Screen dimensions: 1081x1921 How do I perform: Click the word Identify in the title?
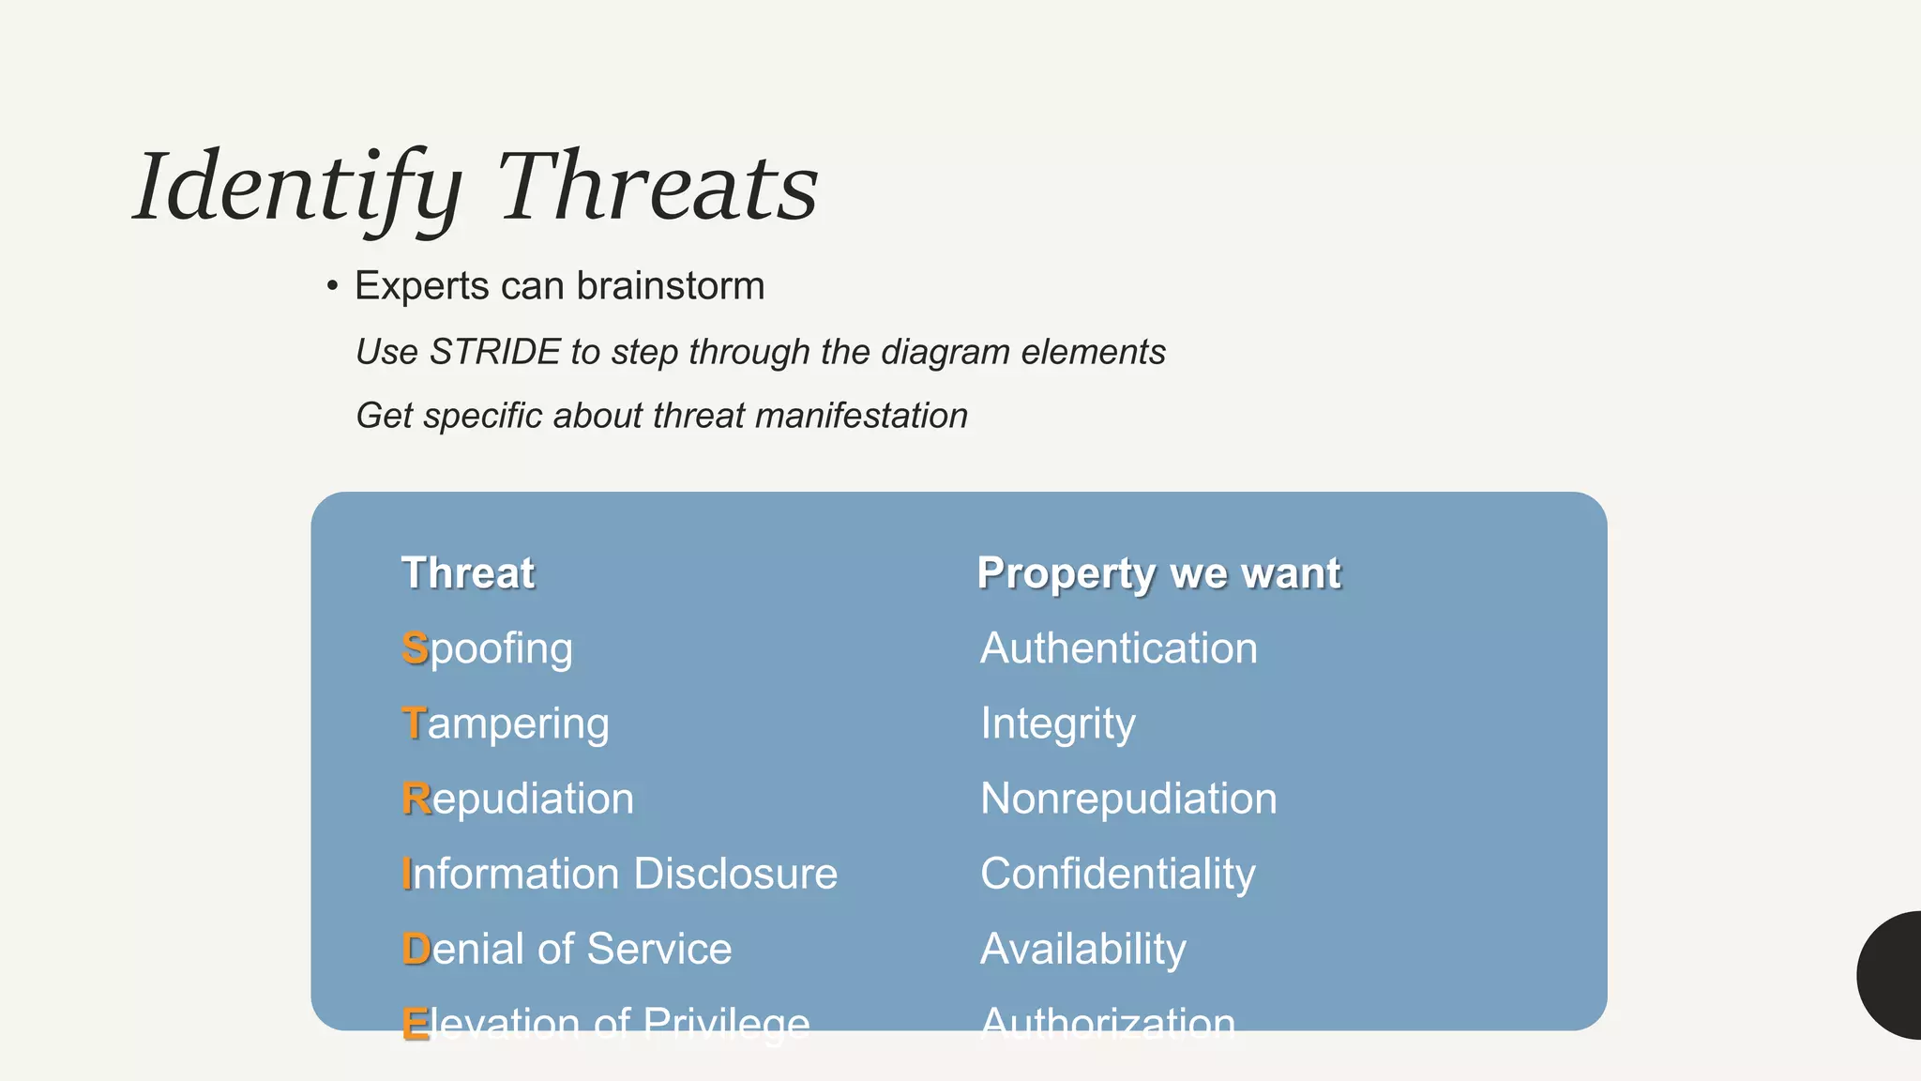[298, 188]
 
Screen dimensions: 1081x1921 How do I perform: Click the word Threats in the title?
[657, 188]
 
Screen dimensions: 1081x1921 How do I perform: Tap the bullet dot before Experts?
[332, 286]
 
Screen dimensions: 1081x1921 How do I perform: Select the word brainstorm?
[671, 286]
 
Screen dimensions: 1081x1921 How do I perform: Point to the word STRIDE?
[494, 352]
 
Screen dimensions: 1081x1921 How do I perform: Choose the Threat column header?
[467, 573]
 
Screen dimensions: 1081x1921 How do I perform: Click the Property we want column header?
[1158, 573]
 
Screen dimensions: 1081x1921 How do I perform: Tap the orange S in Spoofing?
[415, 648]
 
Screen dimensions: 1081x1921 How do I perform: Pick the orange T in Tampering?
[414, 723]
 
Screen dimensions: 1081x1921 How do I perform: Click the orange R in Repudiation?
[416, 799]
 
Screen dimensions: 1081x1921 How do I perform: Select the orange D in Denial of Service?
[416, 949]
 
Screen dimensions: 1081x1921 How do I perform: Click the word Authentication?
[1118, 648]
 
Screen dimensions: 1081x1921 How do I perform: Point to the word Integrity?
[1057, 723]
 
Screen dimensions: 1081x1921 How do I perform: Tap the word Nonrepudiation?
[1128, 799]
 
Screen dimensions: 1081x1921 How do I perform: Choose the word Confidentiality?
[1117, 874]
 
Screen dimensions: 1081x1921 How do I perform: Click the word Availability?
[1082, 949]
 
